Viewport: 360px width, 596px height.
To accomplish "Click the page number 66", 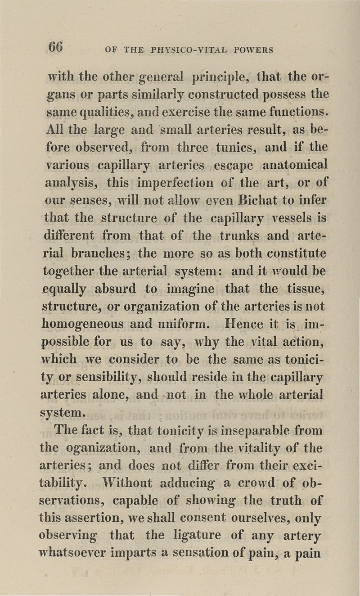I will click(56, 46).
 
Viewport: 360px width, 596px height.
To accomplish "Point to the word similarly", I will click(123, 95).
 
